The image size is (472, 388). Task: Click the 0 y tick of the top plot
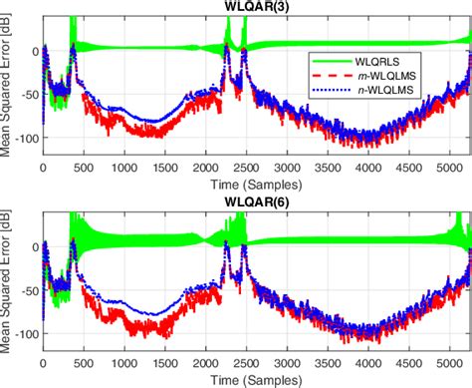coord(33,49)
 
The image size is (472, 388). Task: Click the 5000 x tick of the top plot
coord(446,171)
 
